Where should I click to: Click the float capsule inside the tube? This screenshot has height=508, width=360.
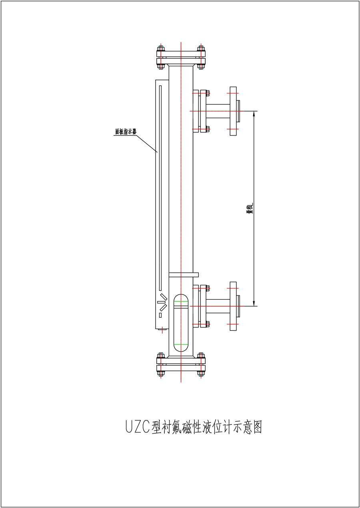point(181,323)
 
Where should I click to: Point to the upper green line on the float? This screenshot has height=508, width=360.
point(181,301)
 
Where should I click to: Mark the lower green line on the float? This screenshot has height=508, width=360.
point(181,344)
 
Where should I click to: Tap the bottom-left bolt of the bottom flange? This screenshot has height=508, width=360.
point(161,374)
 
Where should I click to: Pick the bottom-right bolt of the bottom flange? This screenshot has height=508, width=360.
point(201,374)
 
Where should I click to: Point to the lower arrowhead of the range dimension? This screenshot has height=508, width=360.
point(254,303)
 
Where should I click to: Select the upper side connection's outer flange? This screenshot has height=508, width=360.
point(233,111)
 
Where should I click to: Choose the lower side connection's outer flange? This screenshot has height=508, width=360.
point(233,306)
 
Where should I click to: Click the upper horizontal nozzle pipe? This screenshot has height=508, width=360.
point(218,111)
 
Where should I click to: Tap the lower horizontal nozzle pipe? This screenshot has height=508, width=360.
point(218,306)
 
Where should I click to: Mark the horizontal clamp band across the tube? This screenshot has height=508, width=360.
point(184,275)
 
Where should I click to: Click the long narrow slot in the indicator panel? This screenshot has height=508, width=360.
point(160,188)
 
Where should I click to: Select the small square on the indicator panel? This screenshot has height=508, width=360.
point(160,315)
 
